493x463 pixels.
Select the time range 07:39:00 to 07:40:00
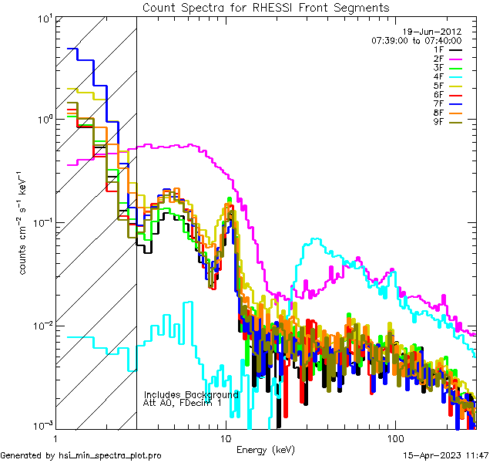[416, 40]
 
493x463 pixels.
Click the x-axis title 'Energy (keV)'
[264, 450]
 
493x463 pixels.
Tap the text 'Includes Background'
[191, 394]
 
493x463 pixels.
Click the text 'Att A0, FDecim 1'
[183, 403]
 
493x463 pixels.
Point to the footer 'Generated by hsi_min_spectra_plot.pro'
[81, 455]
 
